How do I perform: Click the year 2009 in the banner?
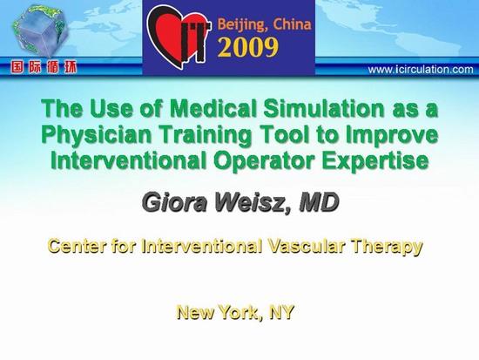pos(247,48)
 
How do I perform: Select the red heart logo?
pos(179,37)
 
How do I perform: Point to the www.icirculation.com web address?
pos(421,70)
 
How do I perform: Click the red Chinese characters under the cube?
pos(44,67)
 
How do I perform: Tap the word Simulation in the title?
pos(324,109)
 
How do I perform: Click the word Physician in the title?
pos(97,135)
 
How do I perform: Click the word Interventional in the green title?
pos(129,160)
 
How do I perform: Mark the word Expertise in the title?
pos(374,161)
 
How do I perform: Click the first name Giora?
pos(175,202)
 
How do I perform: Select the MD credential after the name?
pos(319,202)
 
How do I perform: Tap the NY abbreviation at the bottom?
pos(281,312)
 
